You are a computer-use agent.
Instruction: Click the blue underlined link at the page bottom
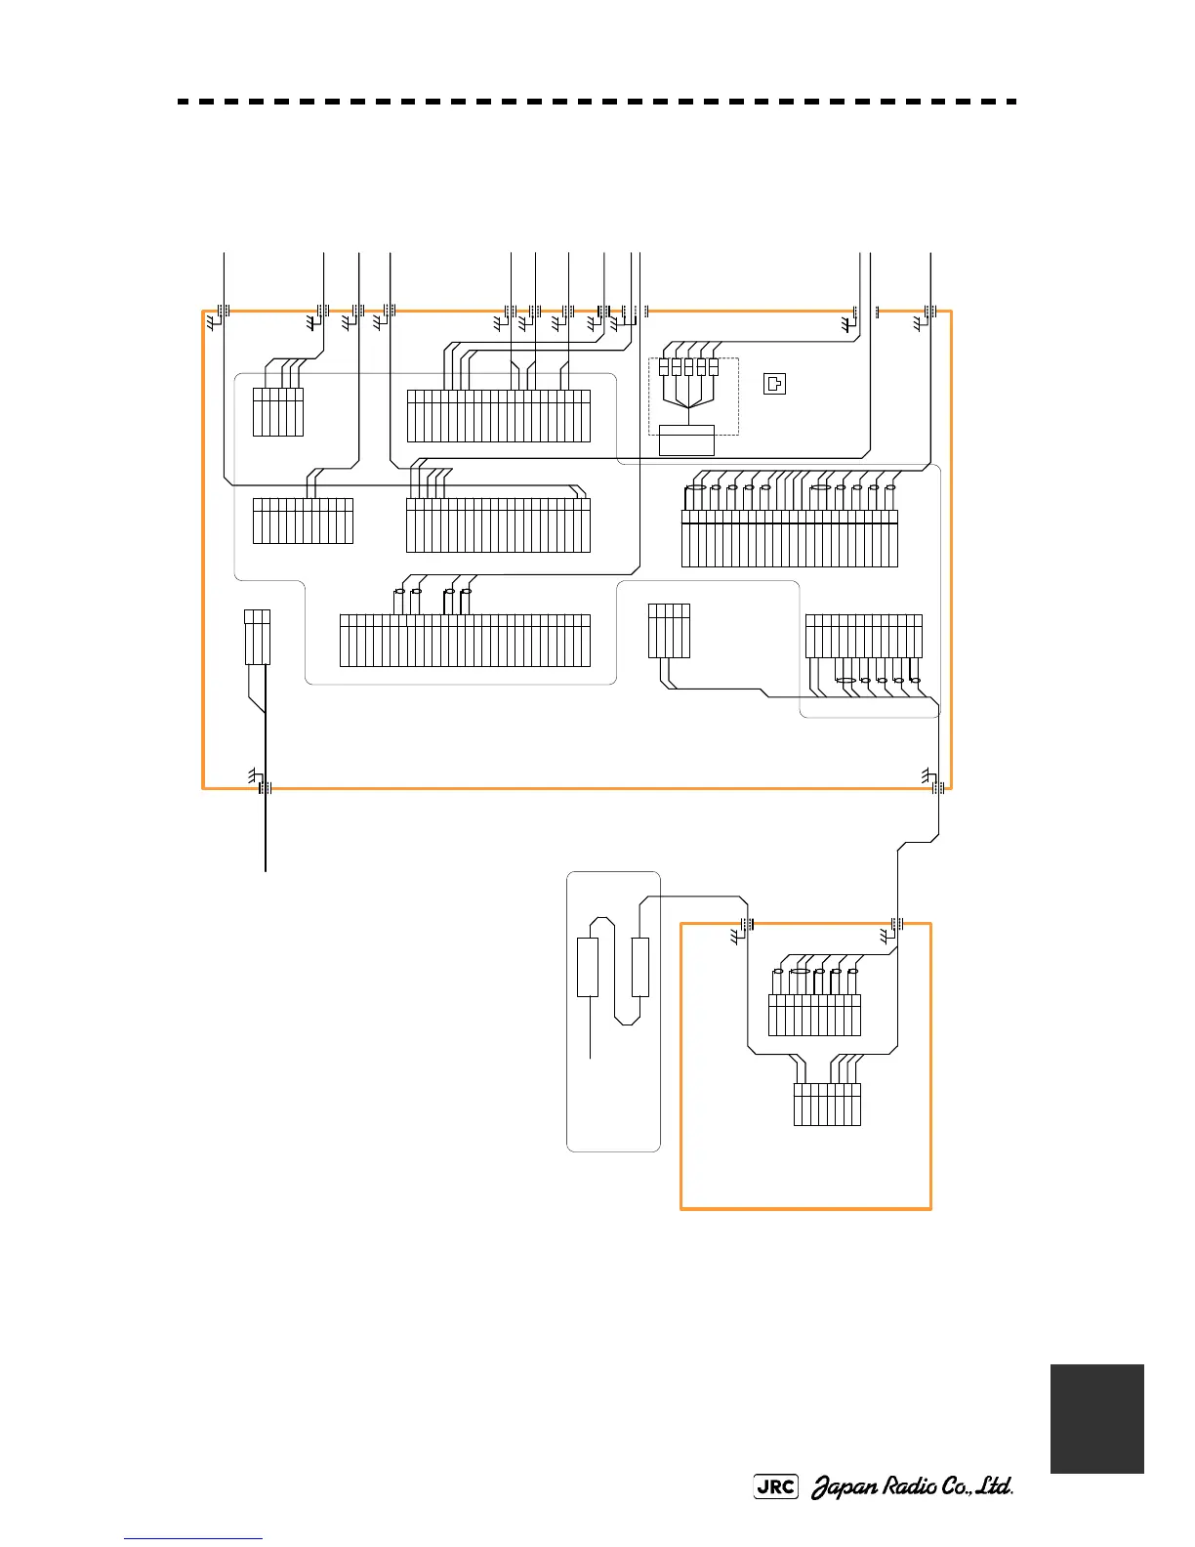coord(194,1539)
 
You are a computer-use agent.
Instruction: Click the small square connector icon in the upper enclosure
coord(773,383)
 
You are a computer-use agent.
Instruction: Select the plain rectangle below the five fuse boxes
coord(687,439)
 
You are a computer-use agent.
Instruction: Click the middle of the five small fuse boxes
coord(688,367)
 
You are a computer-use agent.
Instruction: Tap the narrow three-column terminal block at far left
coord(257,637)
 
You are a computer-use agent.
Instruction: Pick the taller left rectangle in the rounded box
coord(588,967)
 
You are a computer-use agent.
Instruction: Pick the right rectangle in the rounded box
coord(640,967)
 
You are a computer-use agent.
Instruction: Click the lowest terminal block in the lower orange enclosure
coord(827,1105)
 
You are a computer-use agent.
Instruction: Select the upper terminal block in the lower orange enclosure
coord(814,1015)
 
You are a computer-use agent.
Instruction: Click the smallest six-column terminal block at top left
coord(278,412)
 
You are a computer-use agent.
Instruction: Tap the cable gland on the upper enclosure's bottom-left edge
coord(265,787)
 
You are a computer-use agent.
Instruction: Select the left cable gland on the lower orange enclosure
coord(748,924)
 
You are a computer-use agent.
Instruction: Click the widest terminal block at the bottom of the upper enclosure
coord(465,641)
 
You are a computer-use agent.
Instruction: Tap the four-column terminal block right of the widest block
coord(669,631)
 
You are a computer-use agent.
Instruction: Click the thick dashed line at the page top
coord(597,102)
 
